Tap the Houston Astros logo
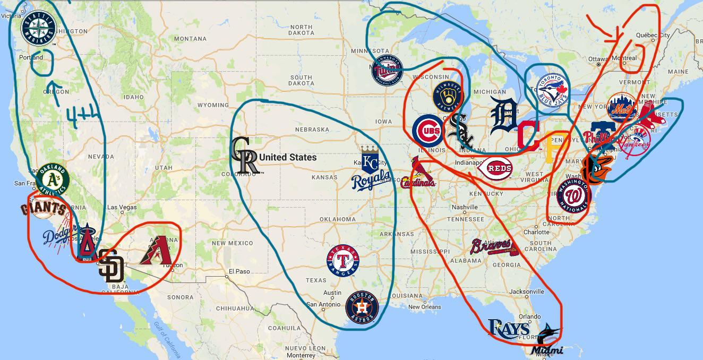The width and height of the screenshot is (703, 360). [x=362, y=306]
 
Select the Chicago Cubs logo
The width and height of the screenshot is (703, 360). [x=428, y=131]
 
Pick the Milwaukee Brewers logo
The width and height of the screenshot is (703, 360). [x=448, y=97]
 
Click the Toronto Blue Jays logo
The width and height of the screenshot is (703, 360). [x=552, y=89]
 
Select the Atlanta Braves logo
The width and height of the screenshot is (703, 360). [x=492, y=247]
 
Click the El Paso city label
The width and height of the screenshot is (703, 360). [x=239, y=271]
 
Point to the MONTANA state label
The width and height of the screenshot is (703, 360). [x=190, y=39]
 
